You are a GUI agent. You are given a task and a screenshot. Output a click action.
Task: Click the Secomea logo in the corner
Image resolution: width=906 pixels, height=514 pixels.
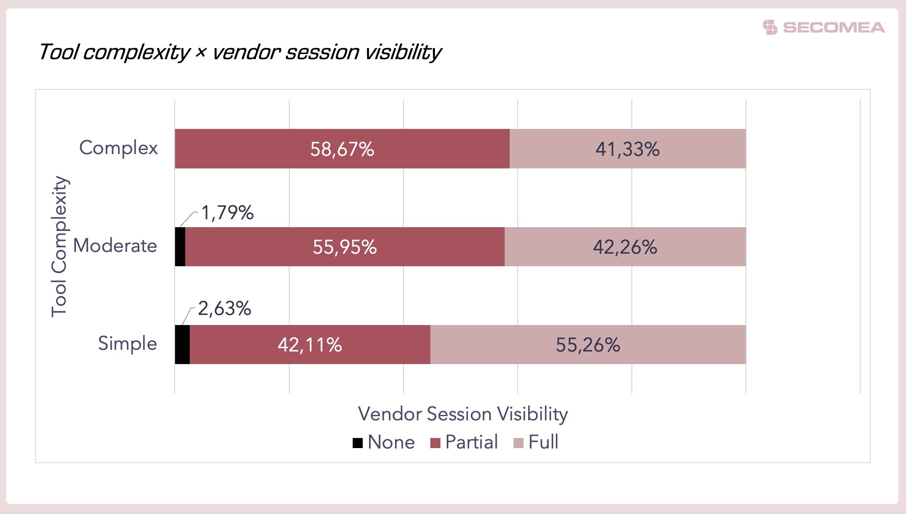point(824,27)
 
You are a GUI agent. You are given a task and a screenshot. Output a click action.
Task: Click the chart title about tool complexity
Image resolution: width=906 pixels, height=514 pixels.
point(239,52)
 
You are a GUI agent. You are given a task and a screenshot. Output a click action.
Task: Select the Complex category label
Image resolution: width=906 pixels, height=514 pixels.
point(118,148)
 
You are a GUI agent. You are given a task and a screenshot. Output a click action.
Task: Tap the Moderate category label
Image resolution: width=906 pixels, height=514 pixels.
point(115,246)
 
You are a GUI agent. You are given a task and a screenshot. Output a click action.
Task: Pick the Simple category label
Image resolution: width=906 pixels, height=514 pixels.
point(128,344)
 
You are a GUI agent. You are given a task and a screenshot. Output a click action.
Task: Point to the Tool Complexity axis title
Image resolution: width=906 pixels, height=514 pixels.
point(59,247)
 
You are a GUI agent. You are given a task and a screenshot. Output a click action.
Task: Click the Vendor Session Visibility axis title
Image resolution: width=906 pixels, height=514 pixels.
point(463,414)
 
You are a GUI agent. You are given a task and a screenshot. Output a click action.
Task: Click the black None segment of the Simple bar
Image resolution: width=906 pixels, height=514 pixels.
point(182,344)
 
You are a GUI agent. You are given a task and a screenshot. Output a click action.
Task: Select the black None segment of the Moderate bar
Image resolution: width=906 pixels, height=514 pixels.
point(180,247)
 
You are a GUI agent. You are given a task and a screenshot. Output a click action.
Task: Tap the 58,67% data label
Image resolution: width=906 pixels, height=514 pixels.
point(342,149)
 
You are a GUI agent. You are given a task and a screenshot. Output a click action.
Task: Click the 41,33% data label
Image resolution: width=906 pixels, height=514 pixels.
point(628,149)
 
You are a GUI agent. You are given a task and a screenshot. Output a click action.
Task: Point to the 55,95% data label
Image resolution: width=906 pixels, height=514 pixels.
point(345,247)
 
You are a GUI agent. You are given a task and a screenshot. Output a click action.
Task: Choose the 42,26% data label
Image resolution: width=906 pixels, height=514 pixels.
point(625,247)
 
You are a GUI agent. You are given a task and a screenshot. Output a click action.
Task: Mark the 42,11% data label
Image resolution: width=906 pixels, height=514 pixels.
point(310,345)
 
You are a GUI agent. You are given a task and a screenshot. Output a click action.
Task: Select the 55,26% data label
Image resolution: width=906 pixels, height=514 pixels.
point(588,345)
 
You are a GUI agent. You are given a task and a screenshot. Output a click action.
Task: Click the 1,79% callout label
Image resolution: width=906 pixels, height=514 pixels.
point(228,213)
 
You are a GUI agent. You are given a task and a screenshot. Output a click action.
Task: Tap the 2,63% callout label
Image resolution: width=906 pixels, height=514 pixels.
point(225,309)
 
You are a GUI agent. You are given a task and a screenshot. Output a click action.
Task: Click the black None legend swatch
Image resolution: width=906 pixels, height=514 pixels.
point(358,443)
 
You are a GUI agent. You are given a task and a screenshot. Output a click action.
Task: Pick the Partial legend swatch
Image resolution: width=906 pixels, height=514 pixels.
point(435,443)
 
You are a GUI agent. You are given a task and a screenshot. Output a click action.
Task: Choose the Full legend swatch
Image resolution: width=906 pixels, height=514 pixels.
point(518,443)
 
